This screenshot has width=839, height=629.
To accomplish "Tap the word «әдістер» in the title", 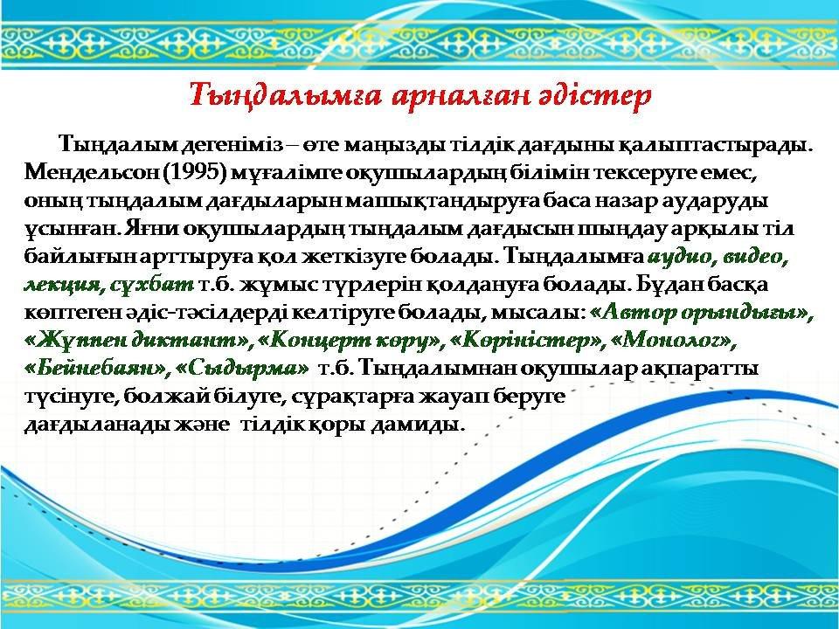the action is (x=595, y=96).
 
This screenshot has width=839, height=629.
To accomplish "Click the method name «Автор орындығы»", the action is (x=701, y=314).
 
